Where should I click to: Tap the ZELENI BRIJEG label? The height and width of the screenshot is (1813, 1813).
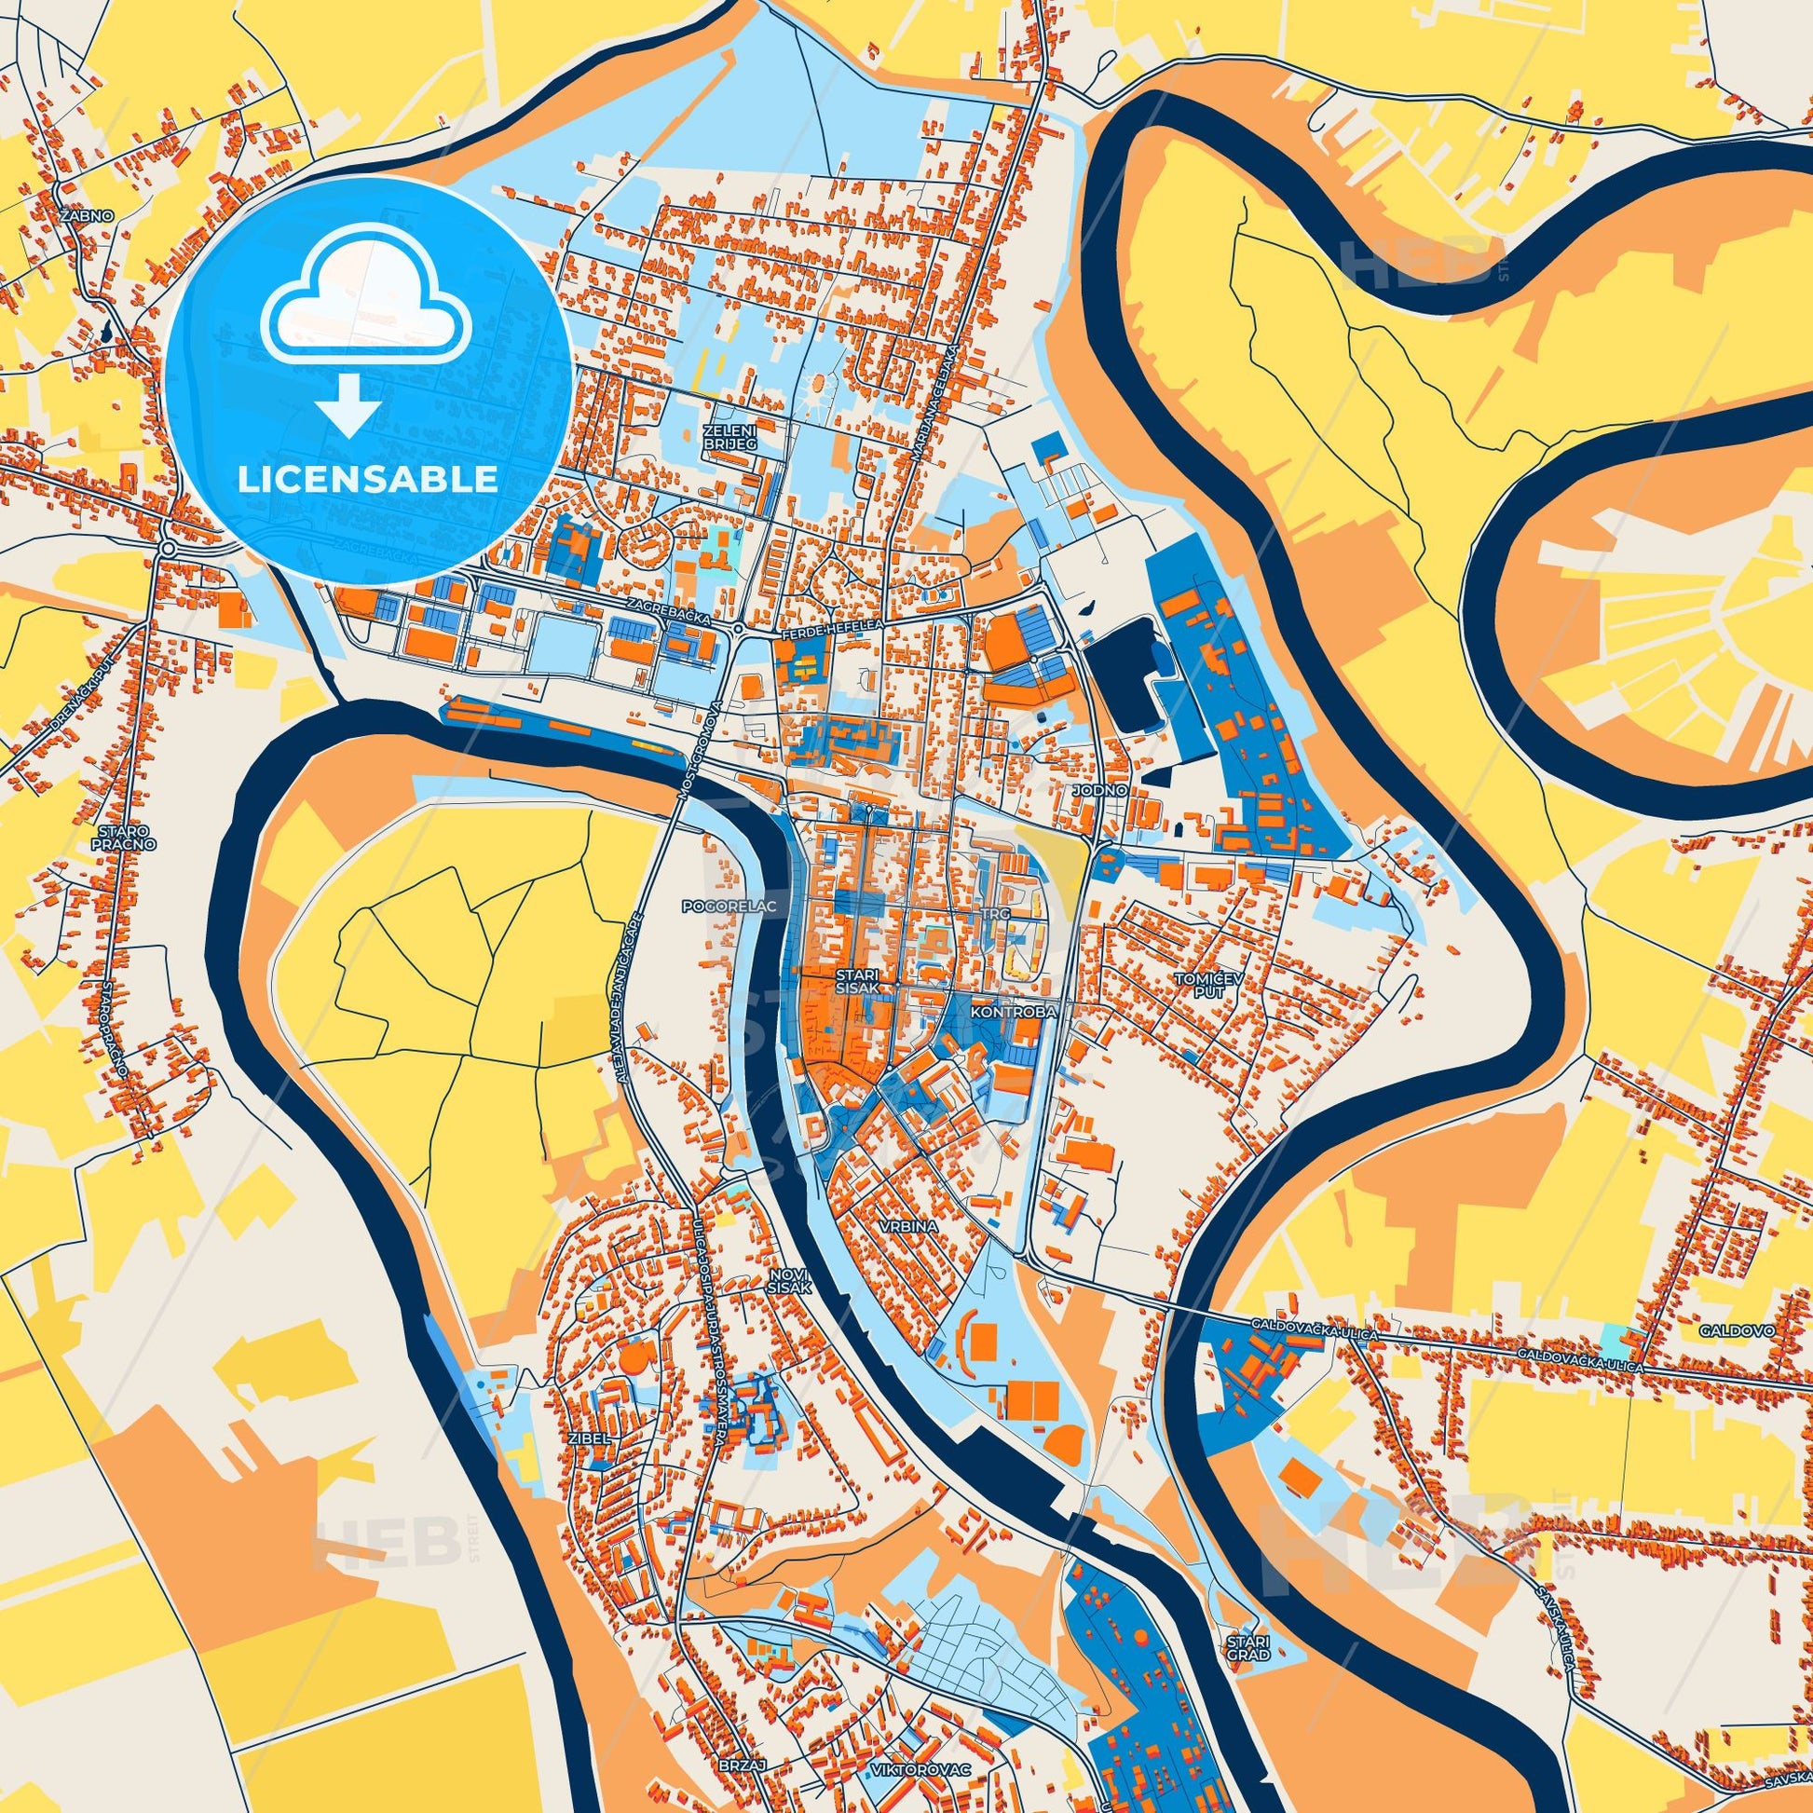click(729, 437)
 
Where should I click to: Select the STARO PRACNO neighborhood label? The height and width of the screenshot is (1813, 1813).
click(127, 837)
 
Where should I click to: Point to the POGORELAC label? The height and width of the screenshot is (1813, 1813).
click(718, 908)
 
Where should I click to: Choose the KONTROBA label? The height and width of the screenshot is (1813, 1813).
click(1014, 1013)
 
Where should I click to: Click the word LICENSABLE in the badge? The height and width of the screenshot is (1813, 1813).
click(367, 480)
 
